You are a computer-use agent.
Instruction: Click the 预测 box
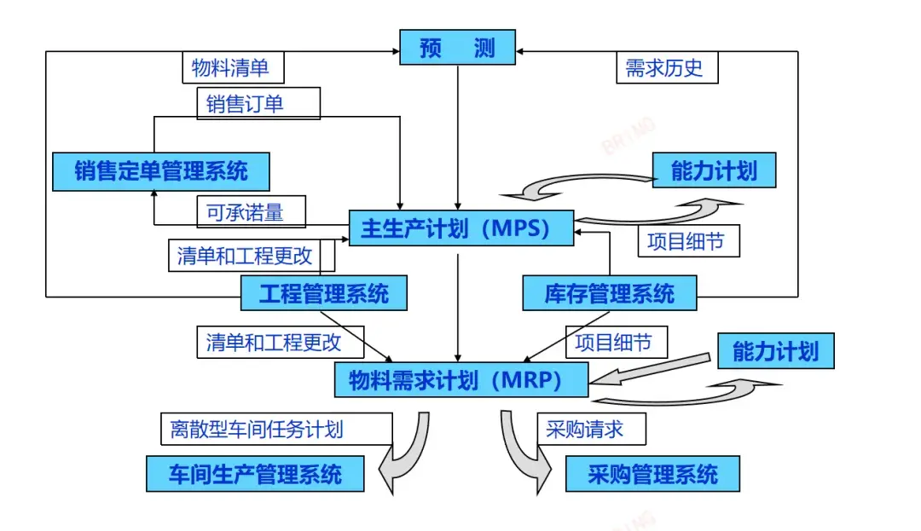tap(458, 48)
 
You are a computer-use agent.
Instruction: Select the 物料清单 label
tap(233, 67)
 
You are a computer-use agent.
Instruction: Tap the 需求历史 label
tap(666, 68)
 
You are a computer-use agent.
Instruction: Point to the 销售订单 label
tap(258, 104)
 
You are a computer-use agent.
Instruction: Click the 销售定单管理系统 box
tap(161, 171)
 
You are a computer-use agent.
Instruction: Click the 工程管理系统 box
tap(323, 294)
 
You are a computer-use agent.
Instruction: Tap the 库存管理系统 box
tap(609, 294)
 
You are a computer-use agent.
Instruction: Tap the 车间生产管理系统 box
tap(255, 474)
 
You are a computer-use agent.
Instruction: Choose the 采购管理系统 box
tap(652, 474)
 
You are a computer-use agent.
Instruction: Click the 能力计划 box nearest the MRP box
tap(774, 351)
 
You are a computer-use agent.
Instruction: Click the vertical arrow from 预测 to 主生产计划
tap(459, 136)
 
